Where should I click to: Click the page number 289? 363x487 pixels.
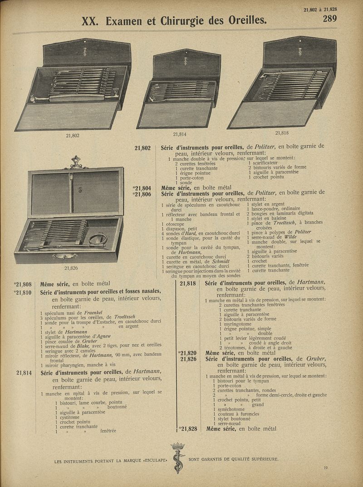(330, 19)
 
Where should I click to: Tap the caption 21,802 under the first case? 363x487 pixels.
(73, 135)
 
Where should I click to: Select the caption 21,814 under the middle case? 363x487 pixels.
(180, 134)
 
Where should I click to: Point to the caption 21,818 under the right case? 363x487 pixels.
(282, 133)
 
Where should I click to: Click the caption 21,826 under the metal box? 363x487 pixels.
(70, 268)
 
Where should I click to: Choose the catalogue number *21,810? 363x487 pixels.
(22, 292)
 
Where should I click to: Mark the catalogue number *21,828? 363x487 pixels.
(188, 428)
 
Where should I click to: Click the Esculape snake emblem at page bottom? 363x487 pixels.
(177, 457)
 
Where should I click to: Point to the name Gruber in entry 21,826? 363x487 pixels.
(316, 359)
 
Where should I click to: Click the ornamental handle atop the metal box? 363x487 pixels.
(76, 161)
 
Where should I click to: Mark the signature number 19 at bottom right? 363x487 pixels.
(326, 468)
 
